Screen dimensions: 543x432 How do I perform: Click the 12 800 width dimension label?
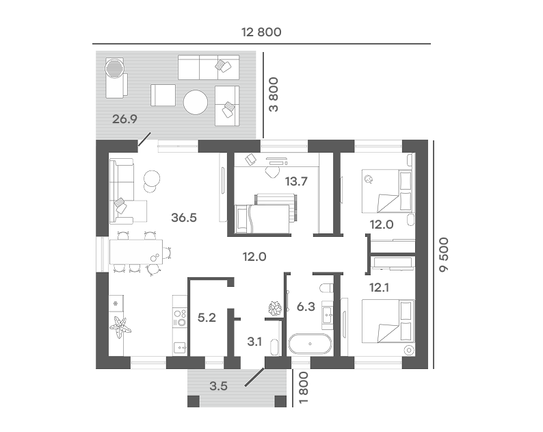click(261, 32)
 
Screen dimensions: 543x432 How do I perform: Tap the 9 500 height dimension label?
click(444, 255)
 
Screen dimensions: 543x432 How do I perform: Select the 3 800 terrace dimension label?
click(274, 94)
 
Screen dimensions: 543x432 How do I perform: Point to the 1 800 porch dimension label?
click(303, 387)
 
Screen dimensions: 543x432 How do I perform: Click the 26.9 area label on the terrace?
click(124, 119)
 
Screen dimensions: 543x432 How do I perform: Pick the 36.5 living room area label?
click(184, 218)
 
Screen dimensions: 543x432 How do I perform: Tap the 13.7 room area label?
click(296, 181)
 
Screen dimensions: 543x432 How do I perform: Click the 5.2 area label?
click(207, 317)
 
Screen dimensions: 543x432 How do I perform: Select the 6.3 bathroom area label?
click(306, 307)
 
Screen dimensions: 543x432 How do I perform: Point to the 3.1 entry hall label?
click(254, 342)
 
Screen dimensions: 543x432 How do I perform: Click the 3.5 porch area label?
click(219, 385)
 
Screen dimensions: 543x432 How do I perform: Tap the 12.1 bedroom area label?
click(379, 288)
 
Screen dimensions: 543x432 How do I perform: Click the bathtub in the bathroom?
click(310, 344)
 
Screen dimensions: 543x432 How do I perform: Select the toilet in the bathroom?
click(327, 288)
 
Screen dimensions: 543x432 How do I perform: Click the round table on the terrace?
click(196, 102)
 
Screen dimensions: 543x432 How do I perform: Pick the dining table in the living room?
click(136, 252)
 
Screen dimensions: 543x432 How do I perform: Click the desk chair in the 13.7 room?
click(273, 172)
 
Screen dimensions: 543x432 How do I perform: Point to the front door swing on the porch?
click(255, 377)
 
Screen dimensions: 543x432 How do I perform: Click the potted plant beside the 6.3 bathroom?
click(276, 308)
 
